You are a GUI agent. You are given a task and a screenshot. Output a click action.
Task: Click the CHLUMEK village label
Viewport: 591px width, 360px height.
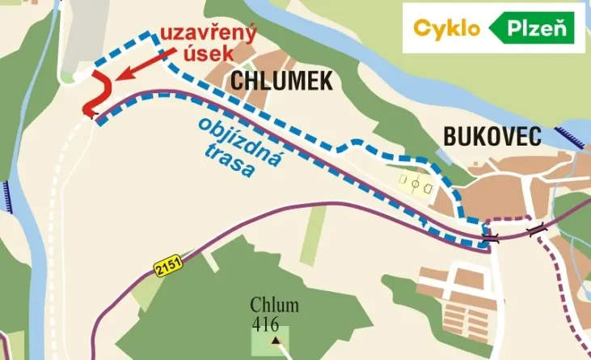pos(281,79)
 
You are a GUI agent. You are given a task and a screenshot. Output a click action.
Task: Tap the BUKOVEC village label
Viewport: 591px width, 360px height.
pos(492,138)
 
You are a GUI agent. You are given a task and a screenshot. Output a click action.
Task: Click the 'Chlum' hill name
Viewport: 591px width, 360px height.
pos(274,306)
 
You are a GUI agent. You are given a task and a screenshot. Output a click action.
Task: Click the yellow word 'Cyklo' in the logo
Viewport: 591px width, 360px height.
pos(447,28)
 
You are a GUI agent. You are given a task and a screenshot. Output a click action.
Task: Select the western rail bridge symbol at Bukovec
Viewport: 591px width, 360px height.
pos(491,239)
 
